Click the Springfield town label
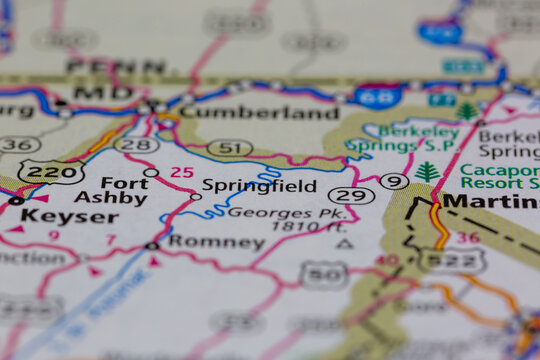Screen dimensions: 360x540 [258, 185]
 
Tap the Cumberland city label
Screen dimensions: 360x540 [259, 113]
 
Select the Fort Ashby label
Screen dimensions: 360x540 [110, 190]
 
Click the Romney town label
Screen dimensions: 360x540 [216, 242]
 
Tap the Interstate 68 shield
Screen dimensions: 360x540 [378, 97]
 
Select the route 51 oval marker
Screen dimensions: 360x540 [229, 147]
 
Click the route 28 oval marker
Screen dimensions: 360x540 [136, 145]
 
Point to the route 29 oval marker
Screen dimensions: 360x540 [351, 195]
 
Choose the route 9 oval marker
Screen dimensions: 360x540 [394, 181]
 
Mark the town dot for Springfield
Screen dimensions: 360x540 [196, 196]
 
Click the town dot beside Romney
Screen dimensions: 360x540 [152, 245]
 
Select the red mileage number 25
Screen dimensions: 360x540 [181, 172]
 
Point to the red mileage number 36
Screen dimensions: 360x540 [467, 237]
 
